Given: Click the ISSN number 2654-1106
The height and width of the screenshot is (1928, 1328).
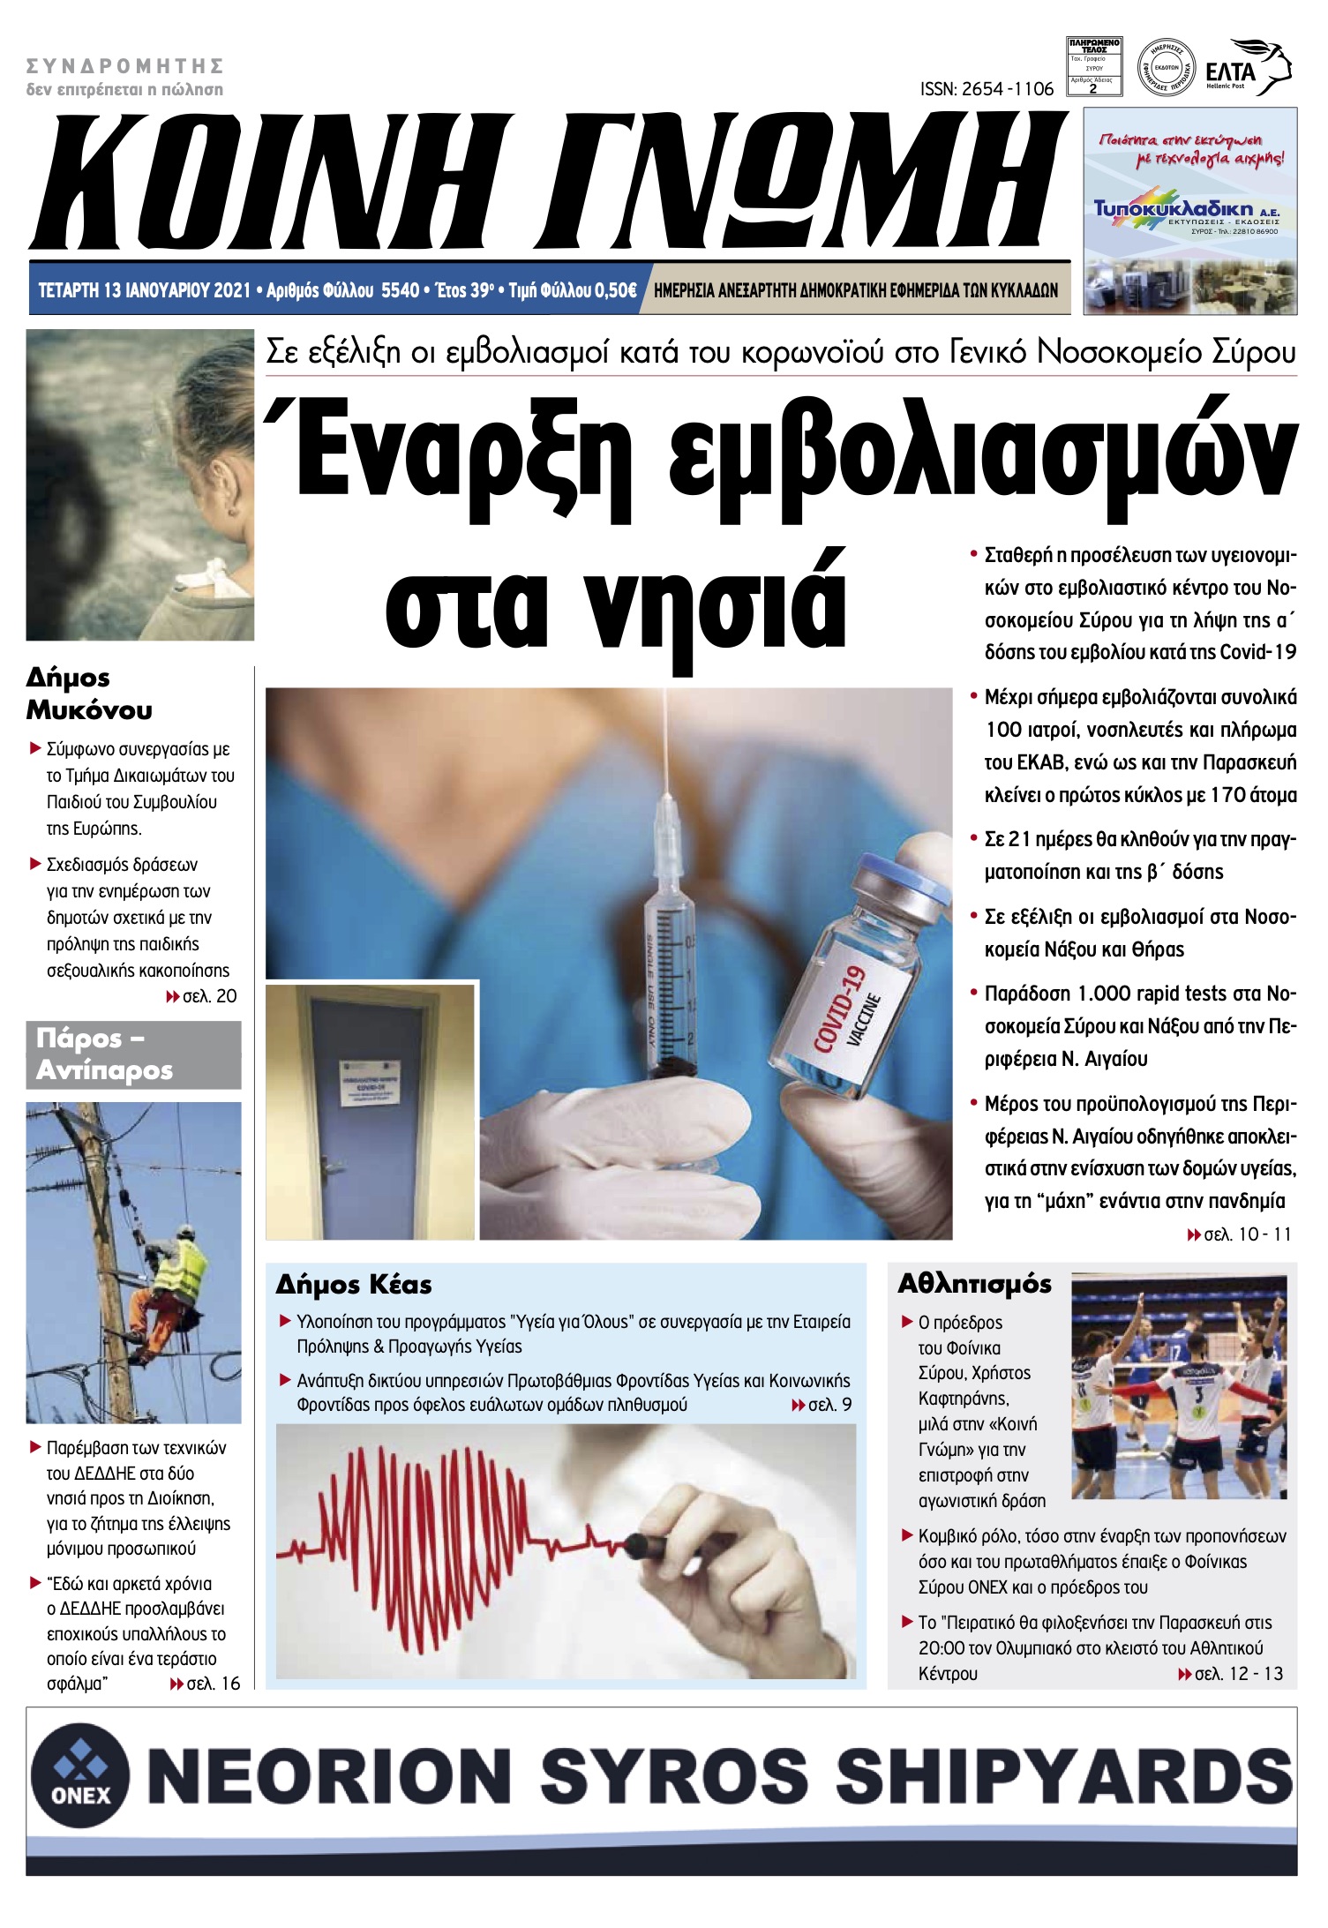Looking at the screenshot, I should (987, 89).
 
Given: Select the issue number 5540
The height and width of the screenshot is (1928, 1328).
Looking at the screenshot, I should (400, 290).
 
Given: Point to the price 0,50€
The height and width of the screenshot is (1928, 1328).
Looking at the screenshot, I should (613, 290).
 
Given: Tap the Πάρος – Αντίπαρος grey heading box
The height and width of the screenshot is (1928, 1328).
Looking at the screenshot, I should (133, 1054).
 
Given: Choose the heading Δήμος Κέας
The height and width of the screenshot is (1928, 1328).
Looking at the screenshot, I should (354, 1285).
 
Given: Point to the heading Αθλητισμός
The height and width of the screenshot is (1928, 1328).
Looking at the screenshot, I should (974, 1284).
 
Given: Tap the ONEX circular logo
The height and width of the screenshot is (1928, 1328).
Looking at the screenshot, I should (80, 1775).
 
